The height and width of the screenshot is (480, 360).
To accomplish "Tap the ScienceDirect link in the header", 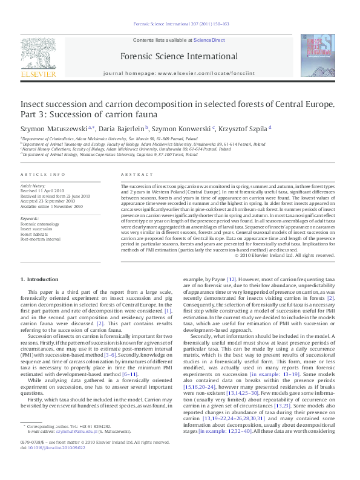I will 209,40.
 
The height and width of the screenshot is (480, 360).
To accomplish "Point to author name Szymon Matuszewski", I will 54,128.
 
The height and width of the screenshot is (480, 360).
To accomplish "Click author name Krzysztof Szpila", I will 246,128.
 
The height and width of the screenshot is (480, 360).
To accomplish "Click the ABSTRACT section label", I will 133,174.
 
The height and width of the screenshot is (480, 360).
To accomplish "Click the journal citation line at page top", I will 180,25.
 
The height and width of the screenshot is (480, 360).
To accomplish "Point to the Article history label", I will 33,186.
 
